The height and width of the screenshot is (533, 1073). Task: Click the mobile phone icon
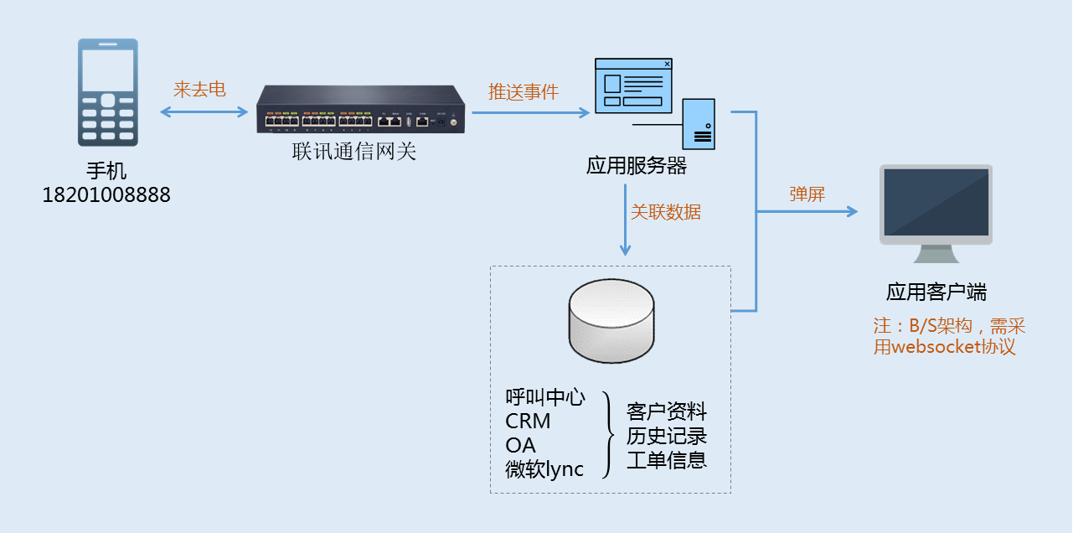107,92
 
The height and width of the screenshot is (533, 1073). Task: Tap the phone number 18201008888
106,195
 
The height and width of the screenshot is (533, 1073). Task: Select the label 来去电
199,90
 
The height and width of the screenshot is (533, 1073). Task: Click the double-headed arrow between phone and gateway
204,111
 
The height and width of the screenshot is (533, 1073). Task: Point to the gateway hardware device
360,110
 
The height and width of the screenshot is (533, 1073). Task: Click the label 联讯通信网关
353,152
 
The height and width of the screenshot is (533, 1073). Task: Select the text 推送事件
523,91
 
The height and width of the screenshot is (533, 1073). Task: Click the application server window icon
633,85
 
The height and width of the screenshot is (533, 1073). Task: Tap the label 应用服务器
637,165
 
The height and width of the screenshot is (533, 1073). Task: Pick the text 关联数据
665,212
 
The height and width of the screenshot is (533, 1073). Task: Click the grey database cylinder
611,320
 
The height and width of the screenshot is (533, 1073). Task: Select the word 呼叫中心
545,397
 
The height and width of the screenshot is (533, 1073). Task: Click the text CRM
528,421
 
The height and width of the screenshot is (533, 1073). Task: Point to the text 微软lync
544,468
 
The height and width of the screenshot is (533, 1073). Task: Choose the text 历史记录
667,436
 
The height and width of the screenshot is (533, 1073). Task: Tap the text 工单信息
667,460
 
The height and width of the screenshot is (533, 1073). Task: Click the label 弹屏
807,194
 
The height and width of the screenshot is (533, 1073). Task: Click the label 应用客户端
936,292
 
